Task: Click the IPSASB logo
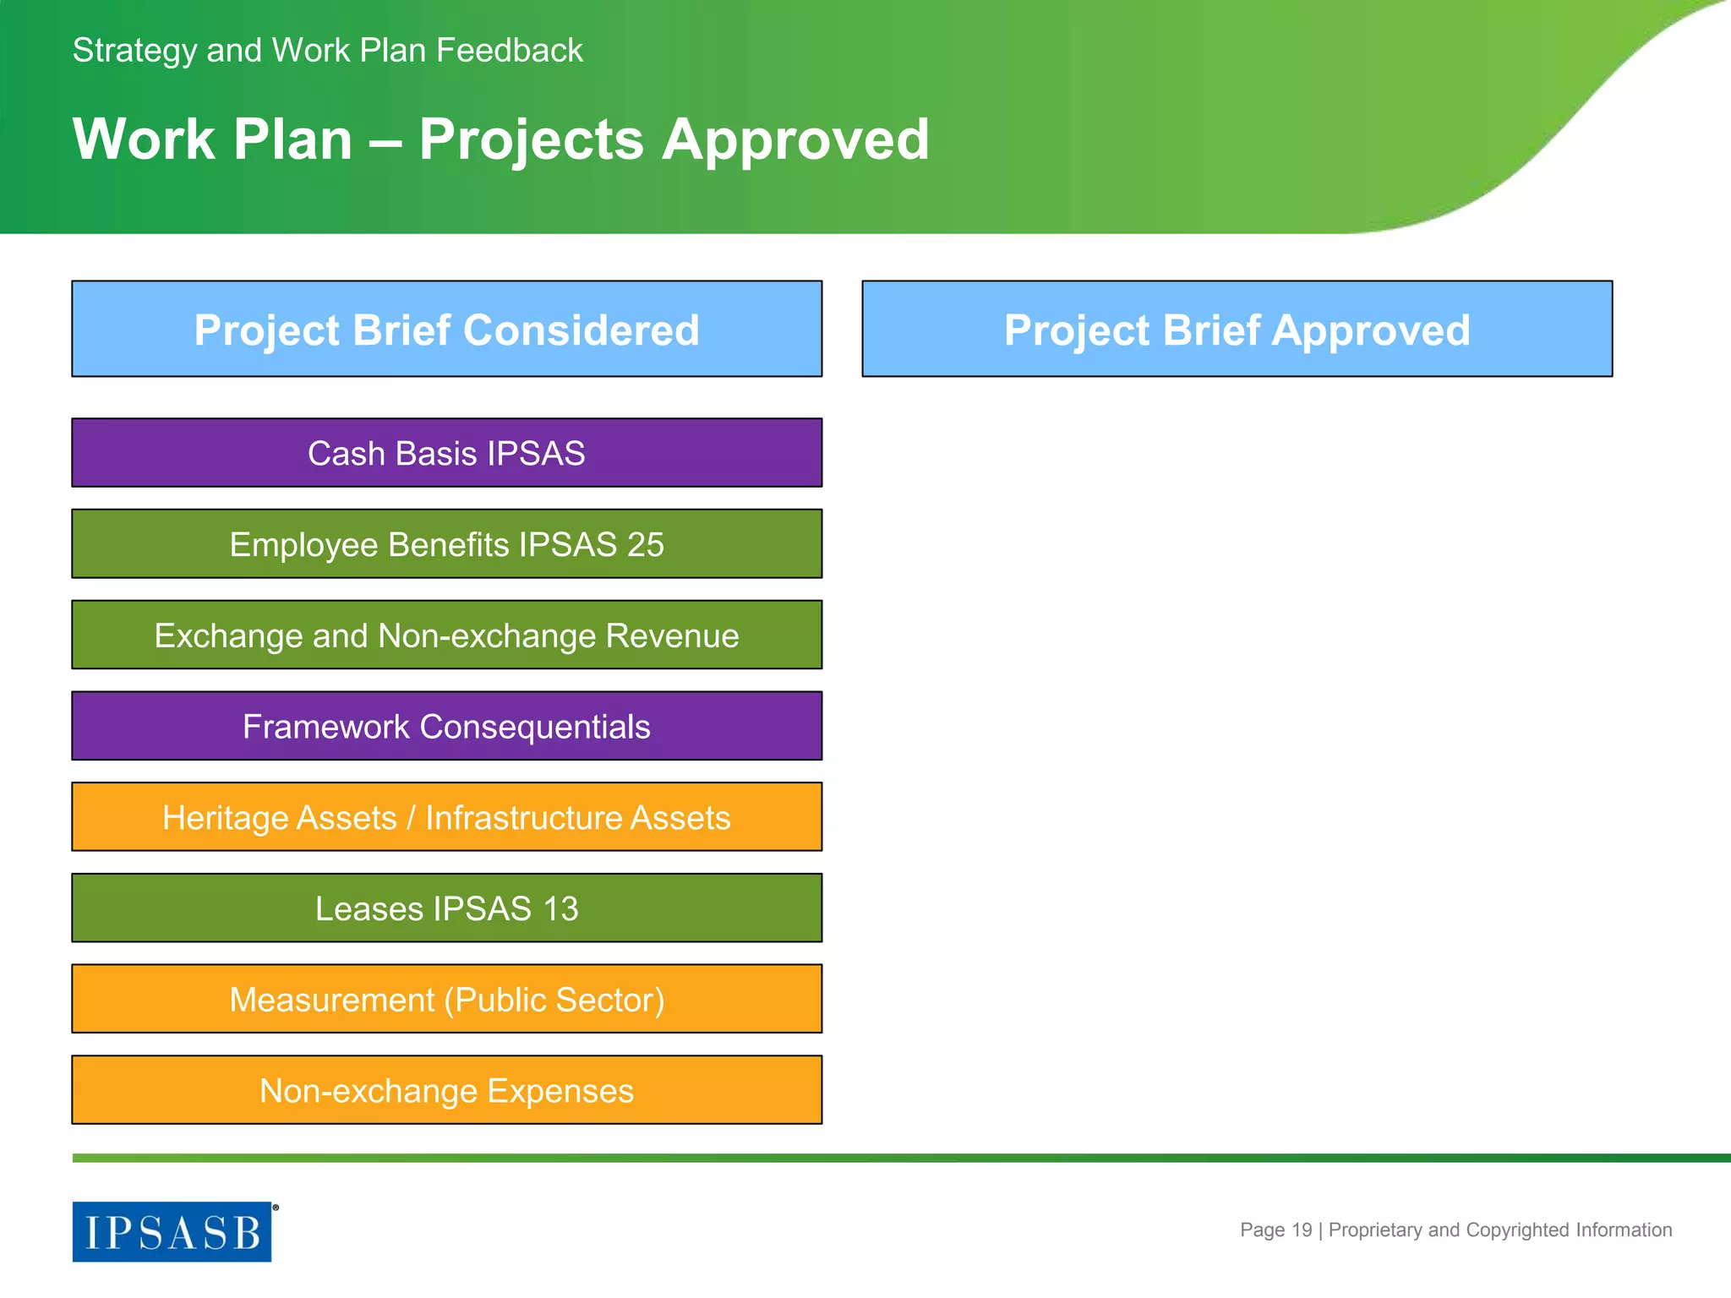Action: click(172, 1231)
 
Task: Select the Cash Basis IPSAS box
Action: click(446, 453)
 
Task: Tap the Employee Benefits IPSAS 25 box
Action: click(446, 544)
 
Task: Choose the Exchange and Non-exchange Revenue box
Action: click(446, 635)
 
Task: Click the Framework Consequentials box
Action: click(446, 727)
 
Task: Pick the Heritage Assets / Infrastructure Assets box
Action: click(446, 817)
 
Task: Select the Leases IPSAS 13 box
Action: click(446, 908)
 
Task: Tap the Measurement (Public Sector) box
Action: click(446, 1000)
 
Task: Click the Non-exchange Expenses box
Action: click(446, 1091)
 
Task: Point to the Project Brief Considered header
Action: click(446, 330)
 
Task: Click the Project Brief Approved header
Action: click(1237, 330)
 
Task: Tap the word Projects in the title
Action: click(531, 139)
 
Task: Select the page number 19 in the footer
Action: click(1302, 1230)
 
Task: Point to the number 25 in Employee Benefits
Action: click(645, 544)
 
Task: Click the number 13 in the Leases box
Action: click(560, 908)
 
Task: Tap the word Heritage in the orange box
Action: click(279, 817)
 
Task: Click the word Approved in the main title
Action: click(795, 139)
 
